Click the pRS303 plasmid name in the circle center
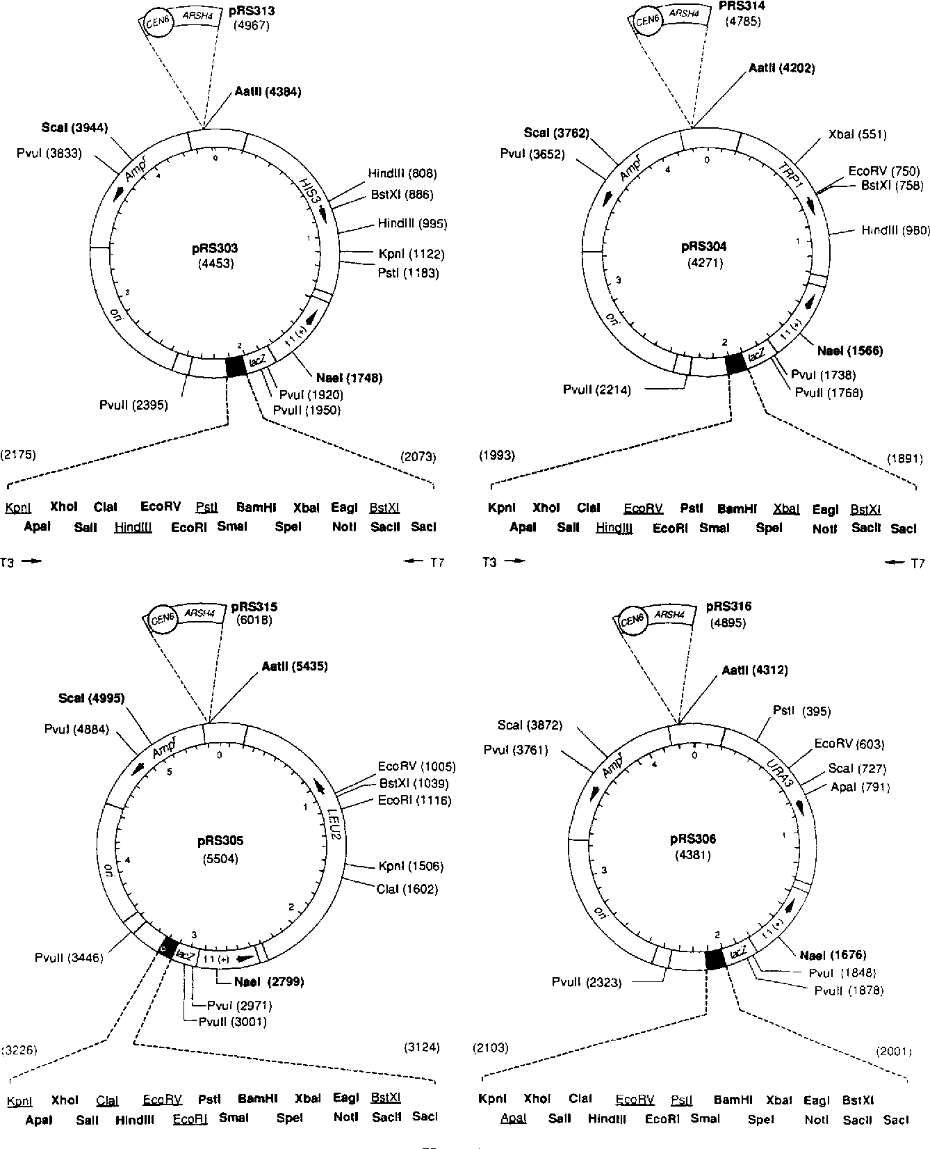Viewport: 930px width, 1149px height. coord(215,248)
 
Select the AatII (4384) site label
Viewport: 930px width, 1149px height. coord(268,91)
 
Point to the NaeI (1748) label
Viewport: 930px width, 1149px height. coord(349,378)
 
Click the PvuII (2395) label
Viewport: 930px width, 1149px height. coord(133,405)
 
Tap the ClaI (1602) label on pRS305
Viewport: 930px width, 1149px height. coord(407,889)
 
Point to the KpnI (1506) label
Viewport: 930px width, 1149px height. coord(411,866)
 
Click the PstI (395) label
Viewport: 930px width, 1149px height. coord(801,711)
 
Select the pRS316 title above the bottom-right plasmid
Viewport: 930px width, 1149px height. coord(728,606)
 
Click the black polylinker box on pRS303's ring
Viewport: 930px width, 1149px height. coord(236,366)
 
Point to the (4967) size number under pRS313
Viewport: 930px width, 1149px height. coord(252,26)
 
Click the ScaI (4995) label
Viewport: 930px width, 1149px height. coord(92,698)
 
